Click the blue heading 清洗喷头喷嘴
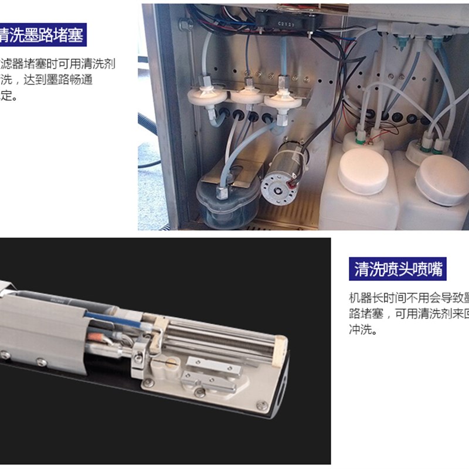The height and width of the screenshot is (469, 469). click(397, 270)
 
